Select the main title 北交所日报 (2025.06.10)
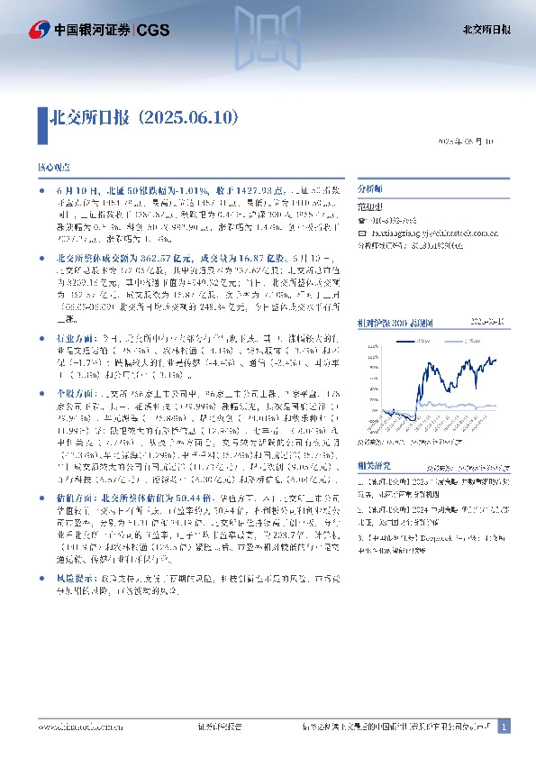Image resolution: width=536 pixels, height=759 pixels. (146, 117)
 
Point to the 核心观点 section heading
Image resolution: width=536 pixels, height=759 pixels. (53, 169)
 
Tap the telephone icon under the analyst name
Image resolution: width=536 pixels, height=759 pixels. (361, 221)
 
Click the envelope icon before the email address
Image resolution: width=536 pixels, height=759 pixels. (361, 233)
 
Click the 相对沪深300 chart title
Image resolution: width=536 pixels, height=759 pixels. (396, 297)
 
